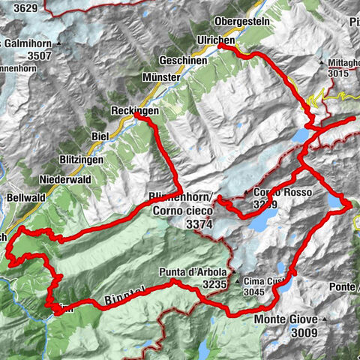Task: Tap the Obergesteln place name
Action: (241, 20)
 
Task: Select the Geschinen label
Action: (181, 59)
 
